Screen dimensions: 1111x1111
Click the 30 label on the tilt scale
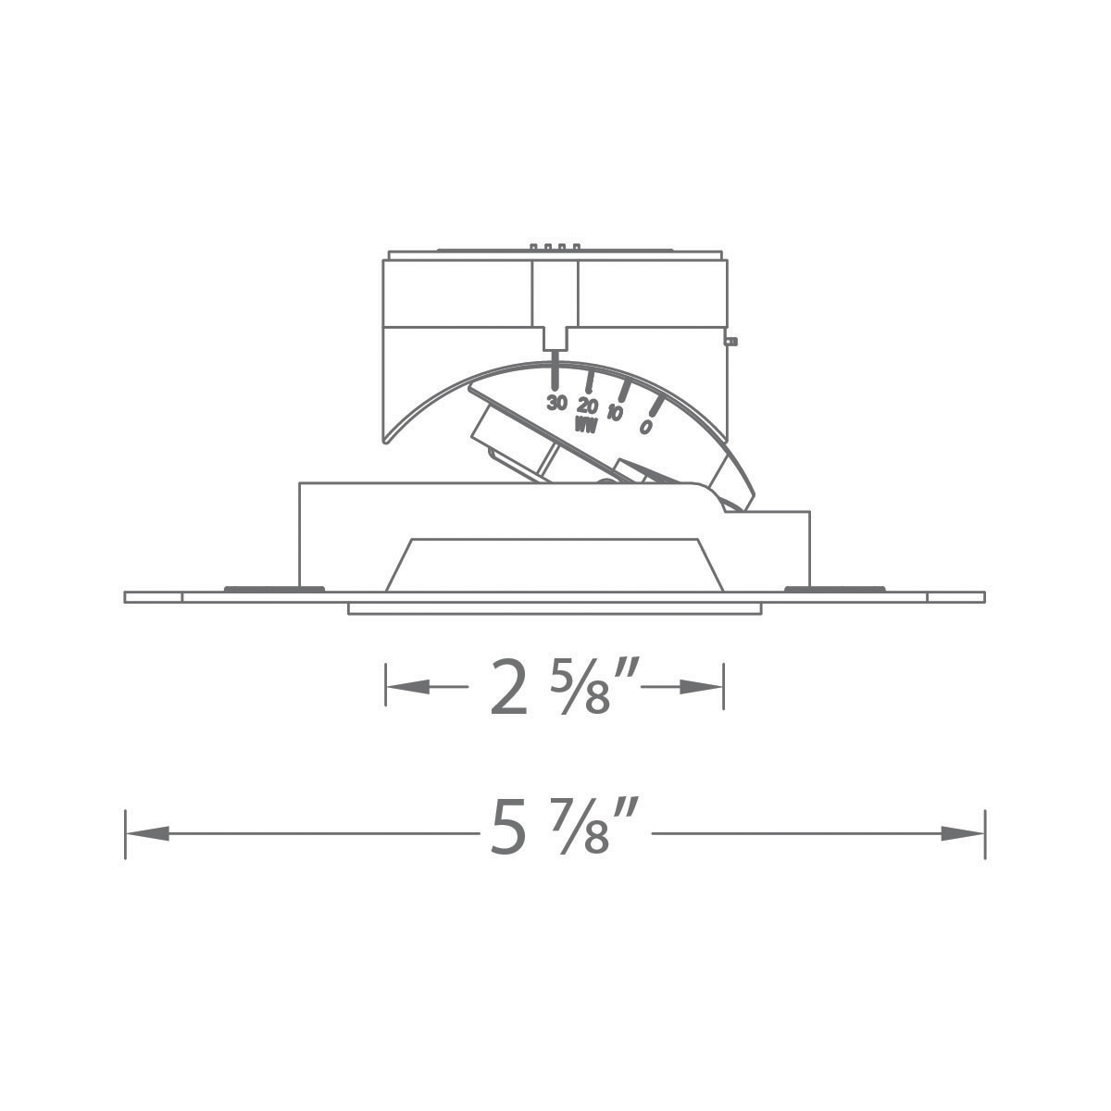click(555, 403)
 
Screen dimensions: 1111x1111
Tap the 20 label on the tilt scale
click(587, 406)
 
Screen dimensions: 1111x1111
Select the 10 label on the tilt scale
click(616, 414)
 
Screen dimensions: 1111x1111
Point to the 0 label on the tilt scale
click(645, 427)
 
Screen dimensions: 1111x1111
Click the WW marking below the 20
click(585, 425)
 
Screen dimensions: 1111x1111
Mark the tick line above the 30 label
click(555, 373)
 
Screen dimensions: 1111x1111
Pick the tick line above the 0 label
click(655, 406)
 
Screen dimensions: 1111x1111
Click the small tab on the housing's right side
click(731, 341)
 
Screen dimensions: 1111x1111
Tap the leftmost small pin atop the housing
click(533, 247)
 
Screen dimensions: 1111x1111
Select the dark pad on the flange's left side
click(274, 588)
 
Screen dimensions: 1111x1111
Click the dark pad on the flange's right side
click(833, 588)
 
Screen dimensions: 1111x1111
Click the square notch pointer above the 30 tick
click(555, 339)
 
